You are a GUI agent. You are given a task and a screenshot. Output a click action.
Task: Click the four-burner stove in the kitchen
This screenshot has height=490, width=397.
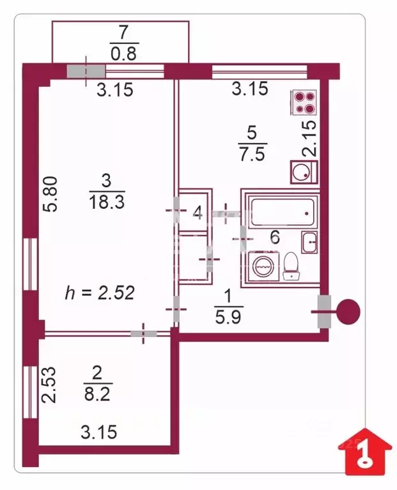[304, 102]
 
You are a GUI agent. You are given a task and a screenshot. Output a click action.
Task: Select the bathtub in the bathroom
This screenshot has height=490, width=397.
[282, 211]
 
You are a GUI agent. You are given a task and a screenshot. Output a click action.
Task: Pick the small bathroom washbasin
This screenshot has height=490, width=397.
[309, 242]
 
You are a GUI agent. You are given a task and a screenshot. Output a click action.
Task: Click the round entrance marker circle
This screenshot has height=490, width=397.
[347, 312]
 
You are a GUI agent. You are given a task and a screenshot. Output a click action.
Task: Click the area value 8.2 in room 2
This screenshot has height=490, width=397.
[98, 394]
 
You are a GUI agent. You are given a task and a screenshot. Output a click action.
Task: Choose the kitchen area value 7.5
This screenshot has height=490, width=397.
[251, 154]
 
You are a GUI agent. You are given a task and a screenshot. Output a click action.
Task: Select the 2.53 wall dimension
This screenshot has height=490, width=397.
[51, 383]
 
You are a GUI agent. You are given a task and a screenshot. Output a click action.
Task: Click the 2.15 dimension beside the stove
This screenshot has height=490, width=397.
[309, 139]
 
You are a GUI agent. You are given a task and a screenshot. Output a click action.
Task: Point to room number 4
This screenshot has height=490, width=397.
[198, 213]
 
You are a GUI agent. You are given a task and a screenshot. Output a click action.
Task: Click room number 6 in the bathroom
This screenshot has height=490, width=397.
[275, 238]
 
